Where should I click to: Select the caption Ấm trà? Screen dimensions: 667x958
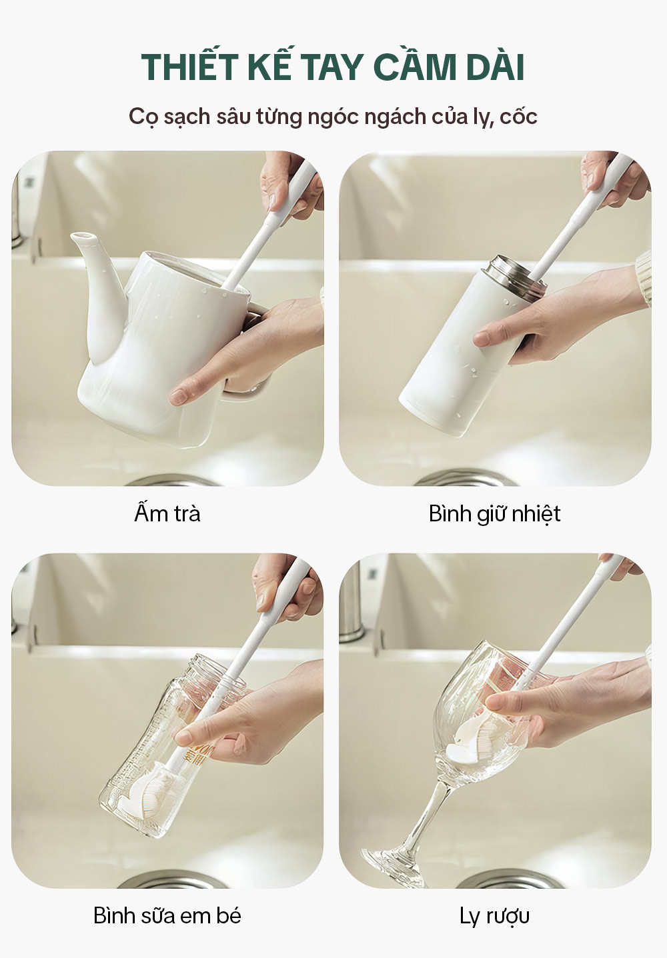click(167, 513)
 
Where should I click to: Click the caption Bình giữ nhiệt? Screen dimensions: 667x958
click(495, 514)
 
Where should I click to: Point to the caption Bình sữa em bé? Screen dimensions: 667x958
click(167, 915)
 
